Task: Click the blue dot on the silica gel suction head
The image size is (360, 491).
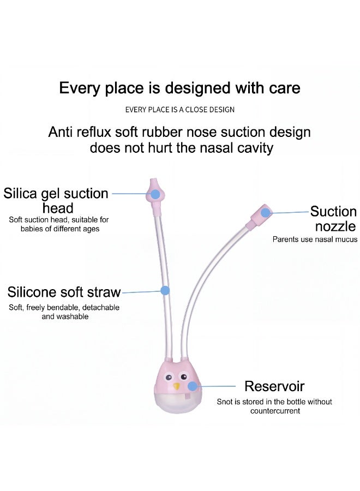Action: click(x=155, y=194)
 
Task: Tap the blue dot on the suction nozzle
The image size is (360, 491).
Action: click(x=266, y=213)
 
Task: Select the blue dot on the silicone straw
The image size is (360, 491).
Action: click(x=165, y=291)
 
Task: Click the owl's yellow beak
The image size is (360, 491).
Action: click(x=177, y=386)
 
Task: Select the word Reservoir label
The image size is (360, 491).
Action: click(x=274, y=386)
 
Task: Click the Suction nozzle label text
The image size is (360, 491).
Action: click(x=334, y=219)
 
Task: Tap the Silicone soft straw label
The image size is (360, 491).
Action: click(x=64, y=292)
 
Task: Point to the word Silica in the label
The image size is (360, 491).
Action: click(x=21, y=194)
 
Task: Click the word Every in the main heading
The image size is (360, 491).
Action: click(x=80, y=88)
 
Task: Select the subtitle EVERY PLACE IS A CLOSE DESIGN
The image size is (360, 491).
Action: click(x=179, y=110)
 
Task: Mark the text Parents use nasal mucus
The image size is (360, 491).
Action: click(x=315, y=239)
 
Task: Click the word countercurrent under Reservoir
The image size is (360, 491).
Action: click(x=275, y=411)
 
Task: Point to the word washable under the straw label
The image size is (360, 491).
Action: click(x=65, y=316)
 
